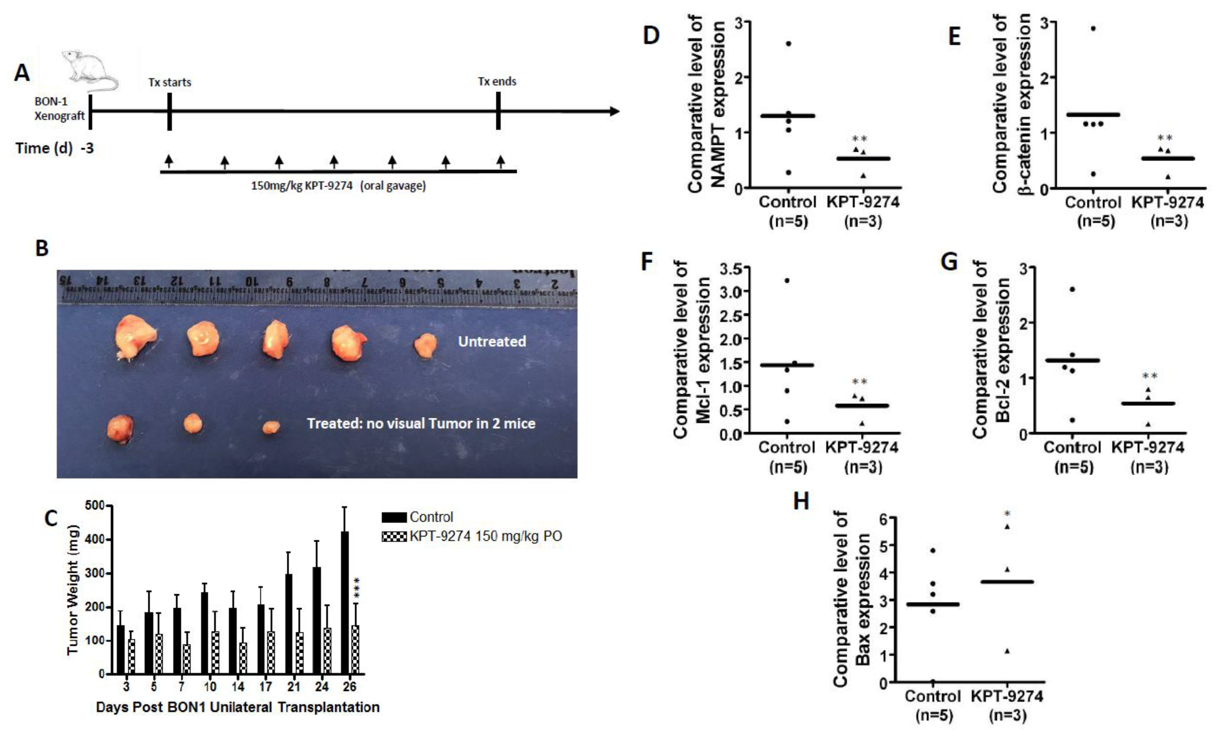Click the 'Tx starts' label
[170, 82]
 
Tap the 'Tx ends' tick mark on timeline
[498, 110]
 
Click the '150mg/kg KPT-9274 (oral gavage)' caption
[338, 186]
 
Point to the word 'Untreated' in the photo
[492, 341]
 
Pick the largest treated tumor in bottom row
[120, 428]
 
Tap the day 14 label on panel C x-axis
[238, 687]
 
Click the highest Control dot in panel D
[788, 44]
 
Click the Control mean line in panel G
[1072, 360]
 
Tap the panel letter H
[801, 501]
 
